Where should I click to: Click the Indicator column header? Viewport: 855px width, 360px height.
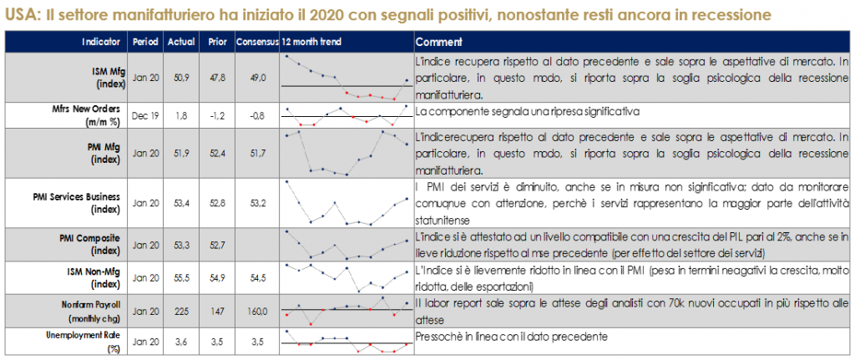[103, 42]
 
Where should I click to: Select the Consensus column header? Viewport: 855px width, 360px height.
[257, 42]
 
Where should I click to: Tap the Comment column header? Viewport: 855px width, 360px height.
[440, 42]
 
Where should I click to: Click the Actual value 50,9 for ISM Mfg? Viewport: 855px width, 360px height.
[181, 78]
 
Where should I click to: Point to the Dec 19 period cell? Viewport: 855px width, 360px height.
[146, 115]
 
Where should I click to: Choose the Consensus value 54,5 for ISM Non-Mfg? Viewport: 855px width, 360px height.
[256, 276]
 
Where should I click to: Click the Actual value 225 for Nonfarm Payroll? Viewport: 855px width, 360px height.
[181, 310]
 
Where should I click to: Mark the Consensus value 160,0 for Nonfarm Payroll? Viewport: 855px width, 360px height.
[256, 310]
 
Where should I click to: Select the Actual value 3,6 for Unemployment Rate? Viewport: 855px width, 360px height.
[181, 342]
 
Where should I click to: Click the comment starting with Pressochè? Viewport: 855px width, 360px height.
[510, 336]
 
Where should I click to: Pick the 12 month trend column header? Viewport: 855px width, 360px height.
[311, 42]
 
